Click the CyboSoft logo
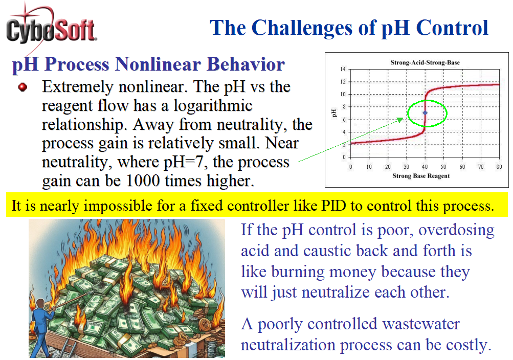[51, 28]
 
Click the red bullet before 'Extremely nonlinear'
[23, 87]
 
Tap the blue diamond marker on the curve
[425, 113]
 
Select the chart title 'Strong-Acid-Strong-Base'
[425, 62]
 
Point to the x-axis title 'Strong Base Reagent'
[421, 176]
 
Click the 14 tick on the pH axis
[343, 69]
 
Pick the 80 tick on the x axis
[499, 167]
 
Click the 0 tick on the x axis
[351, 167]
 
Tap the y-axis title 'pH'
[333, 113]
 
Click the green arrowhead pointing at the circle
[400, 120]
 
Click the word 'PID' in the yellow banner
[333, 206]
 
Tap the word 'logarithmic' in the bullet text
[213, 106]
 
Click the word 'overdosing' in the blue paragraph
[456, 231]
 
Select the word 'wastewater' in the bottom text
[421, 324]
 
